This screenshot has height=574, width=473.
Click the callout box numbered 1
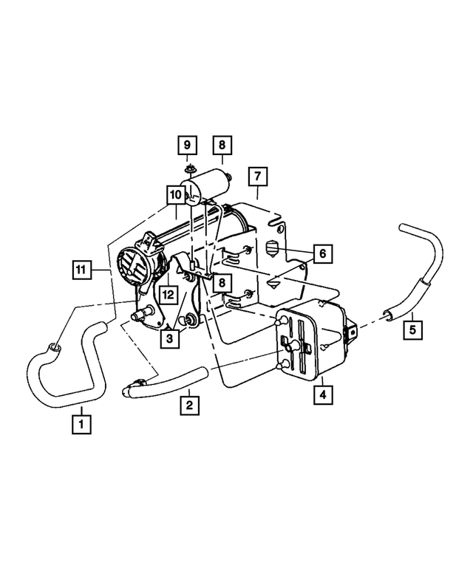pyautogui.click(x=81, y=425)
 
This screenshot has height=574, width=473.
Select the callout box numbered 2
pyautogui.click(x=189, y=404)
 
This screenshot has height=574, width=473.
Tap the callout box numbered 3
pyautogui.click(x=171, y=339)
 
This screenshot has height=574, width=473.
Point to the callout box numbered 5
pyautogui.click(x=413, y=327)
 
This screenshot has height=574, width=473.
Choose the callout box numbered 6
pyautogui.click(x=322, y=253)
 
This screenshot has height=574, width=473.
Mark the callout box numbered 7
pyautogui.click(x=257, y=177)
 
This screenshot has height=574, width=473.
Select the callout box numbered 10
pyautogui.click(x=175, y=195)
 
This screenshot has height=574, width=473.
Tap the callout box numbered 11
pyautogui.click(x=82, y=270)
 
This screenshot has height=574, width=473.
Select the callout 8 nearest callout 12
pyautogui.click(x=222, y=281)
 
